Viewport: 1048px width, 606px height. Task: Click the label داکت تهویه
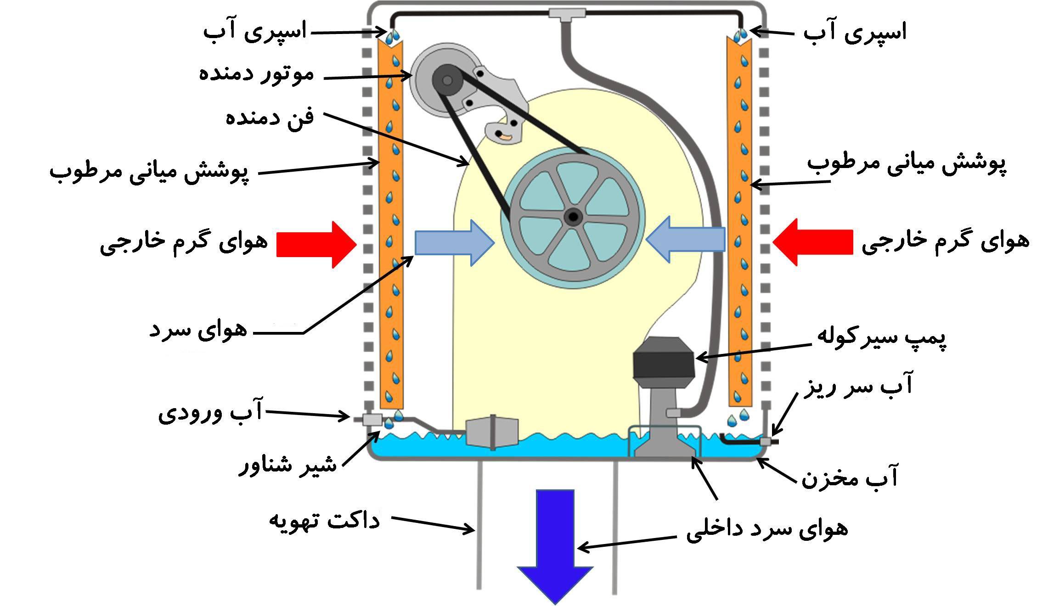[x=324, y=521]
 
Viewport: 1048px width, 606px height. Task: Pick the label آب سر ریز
[x=857, y=386]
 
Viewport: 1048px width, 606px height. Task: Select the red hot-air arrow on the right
[x=813, y=242]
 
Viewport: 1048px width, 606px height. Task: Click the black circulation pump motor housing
[x=664, y=363]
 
